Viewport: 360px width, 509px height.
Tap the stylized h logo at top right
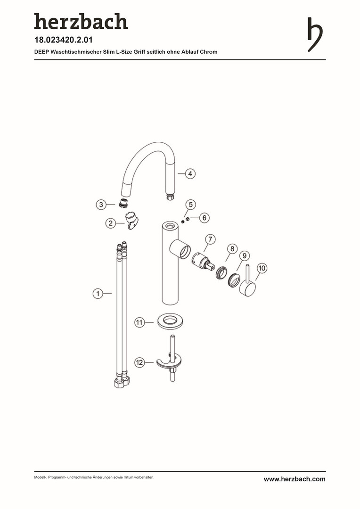pyautogui.click(x=315, y=34)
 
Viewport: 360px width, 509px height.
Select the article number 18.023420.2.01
pyautogui.click(x=63, y=40)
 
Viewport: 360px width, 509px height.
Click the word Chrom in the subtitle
pyautogui.click(x=209, y=52)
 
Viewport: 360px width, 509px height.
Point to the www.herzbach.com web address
pyautogui.click(x=295, y=479)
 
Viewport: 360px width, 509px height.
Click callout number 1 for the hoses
pyautogui.click(x=98, y=294)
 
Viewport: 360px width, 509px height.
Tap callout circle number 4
pyautogui.click(x=190, y=173)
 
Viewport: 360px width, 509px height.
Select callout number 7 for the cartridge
pyautogui.click(x=210, y=239)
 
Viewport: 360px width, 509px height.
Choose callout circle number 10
pyautogui.click(x=262, y=268)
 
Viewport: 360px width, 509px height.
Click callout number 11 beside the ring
pyautogui.click(x=139, y=322)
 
